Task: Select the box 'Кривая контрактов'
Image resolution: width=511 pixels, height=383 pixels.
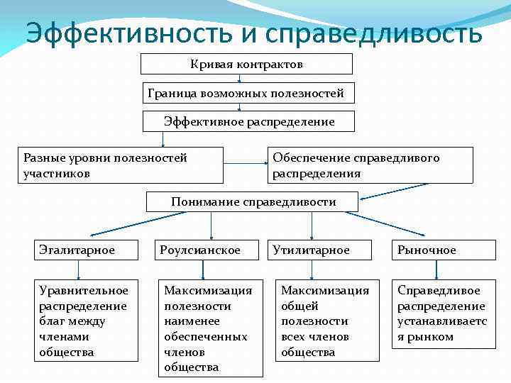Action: pyautogui.click(x=246, y=65)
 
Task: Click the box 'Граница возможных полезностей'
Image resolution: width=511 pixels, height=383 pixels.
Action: pyautogui.click(x=246, y=93)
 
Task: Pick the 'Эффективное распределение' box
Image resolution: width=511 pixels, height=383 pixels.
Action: pyautogui.click(x=249, y=122)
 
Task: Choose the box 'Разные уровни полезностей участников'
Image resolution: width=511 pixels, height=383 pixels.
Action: pyautogui.click(x=120, y=165)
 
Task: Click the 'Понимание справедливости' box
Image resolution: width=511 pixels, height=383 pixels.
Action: pyautogui.click(x=253, y=202)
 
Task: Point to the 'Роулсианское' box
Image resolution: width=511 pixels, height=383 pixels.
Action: pyautogui.click(x=204, y=250)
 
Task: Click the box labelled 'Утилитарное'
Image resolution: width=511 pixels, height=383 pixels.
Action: pyautogui.click(x=319, y=250)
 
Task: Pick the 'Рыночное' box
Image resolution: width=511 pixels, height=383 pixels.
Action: pyautogui.click(x=434, y=250)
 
